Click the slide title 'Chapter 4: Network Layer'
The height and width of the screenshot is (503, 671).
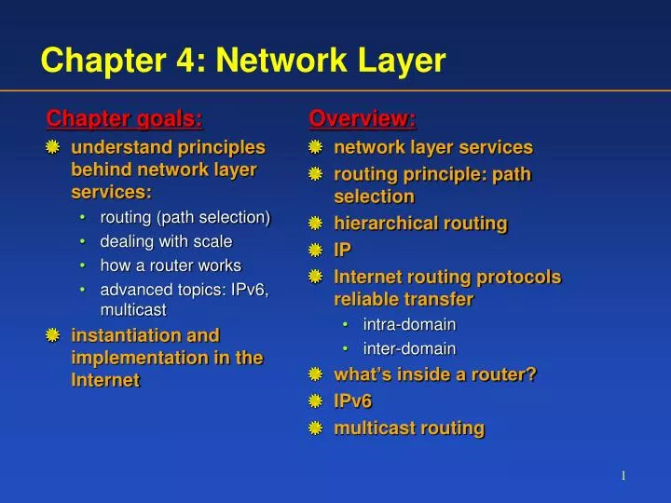point(243,61)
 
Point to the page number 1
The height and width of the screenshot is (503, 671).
point(623,477)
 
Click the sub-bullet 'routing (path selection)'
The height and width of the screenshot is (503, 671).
point(185,217)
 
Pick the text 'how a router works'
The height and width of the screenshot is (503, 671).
point(171,265)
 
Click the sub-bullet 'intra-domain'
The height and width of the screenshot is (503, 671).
point(409,324)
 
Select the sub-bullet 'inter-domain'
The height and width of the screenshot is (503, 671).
point(409,348)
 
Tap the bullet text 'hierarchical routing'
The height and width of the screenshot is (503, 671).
point(420,224)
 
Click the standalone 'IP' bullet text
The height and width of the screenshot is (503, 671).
point(343,250)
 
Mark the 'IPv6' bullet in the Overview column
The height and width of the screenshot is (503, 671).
point(352,401)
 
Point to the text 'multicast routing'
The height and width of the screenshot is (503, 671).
point(409,428)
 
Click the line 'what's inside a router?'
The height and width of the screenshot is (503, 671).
point(435,374)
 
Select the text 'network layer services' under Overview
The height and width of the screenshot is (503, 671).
point(433,147)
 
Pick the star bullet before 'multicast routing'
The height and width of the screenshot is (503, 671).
point(316,428)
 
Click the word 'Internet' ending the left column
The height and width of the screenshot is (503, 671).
point(105,380)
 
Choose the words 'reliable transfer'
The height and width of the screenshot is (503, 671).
point(404,299)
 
